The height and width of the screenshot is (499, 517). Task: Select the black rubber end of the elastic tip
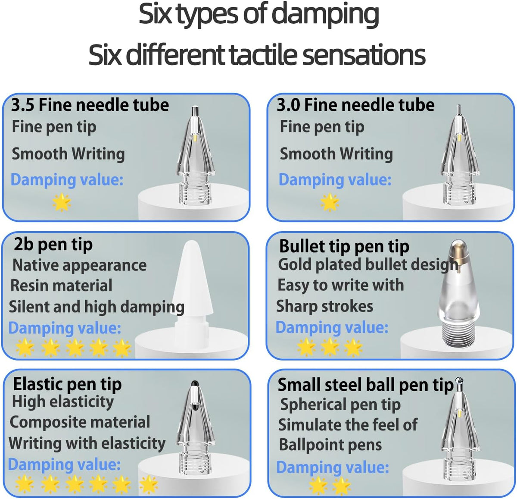(195, 383)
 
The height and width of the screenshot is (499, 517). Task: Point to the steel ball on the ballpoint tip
(459, 380)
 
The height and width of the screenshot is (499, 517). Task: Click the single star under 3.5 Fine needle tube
(62, 202)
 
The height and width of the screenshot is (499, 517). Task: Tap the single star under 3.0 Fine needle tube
(330, 202)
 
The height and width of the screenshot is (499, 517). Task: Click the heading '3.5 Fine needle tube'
(90, 105)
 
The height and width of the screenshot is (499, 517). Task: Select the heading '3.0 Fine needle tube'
(355, 105)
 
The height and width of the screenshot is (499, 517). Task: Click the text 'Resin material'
(61, 286)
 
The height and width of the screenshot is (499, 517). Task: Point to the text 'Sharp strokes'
(325, 306)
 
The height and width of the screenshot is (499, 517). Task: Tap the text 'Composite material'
(80, 422)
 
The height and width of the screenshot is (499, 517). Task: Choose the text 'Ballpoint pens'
(330, 445)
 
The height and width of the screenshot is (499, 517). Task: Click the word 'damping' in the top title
(325, 15)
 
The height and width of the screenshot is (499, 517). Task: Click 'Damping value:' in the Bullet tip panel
(332, 327)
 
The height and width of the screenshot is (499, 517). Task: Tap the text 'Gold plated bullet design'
(368, 265)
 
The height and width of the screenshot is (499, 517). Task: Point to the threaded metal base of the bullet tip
(458, 331)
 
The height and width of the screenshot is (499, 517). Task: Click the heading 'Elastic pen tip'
(68, 384)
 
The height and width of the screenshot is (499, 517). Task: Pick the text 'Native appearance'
(79, 265)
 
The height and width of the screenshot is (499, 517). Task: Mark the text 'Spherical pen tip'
(340, 405)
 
